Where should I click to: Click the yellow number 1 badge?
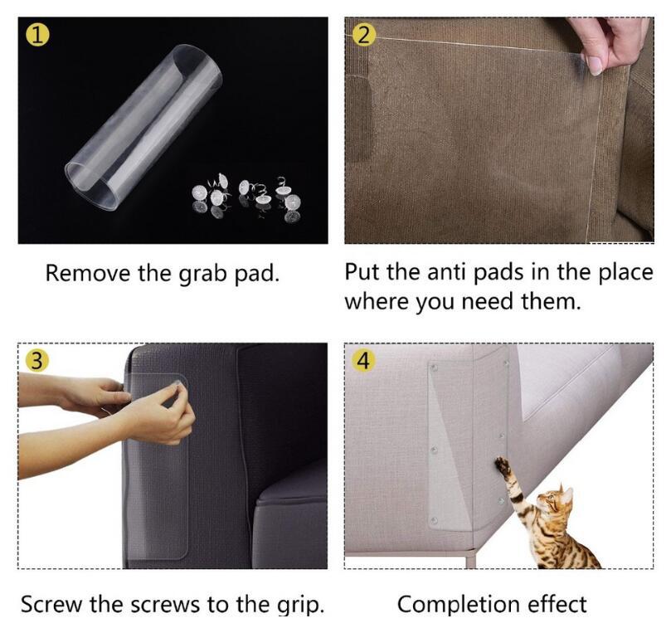pyautogui.click(x=37, y=35)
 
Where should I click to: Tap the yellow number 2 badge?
pyautogui.click(x=363, y=35)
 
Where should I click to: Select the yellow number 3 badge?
pyautogui.click(x=36, y=361)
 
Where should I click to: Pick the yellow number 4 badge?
pyautogui.click(x=363, y=361)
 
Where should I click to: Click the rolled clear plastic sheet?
pyautogui.click(x=143, y=127)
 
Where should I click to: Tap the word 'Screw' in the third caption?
pyautogui.click(x=51, y=605)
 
